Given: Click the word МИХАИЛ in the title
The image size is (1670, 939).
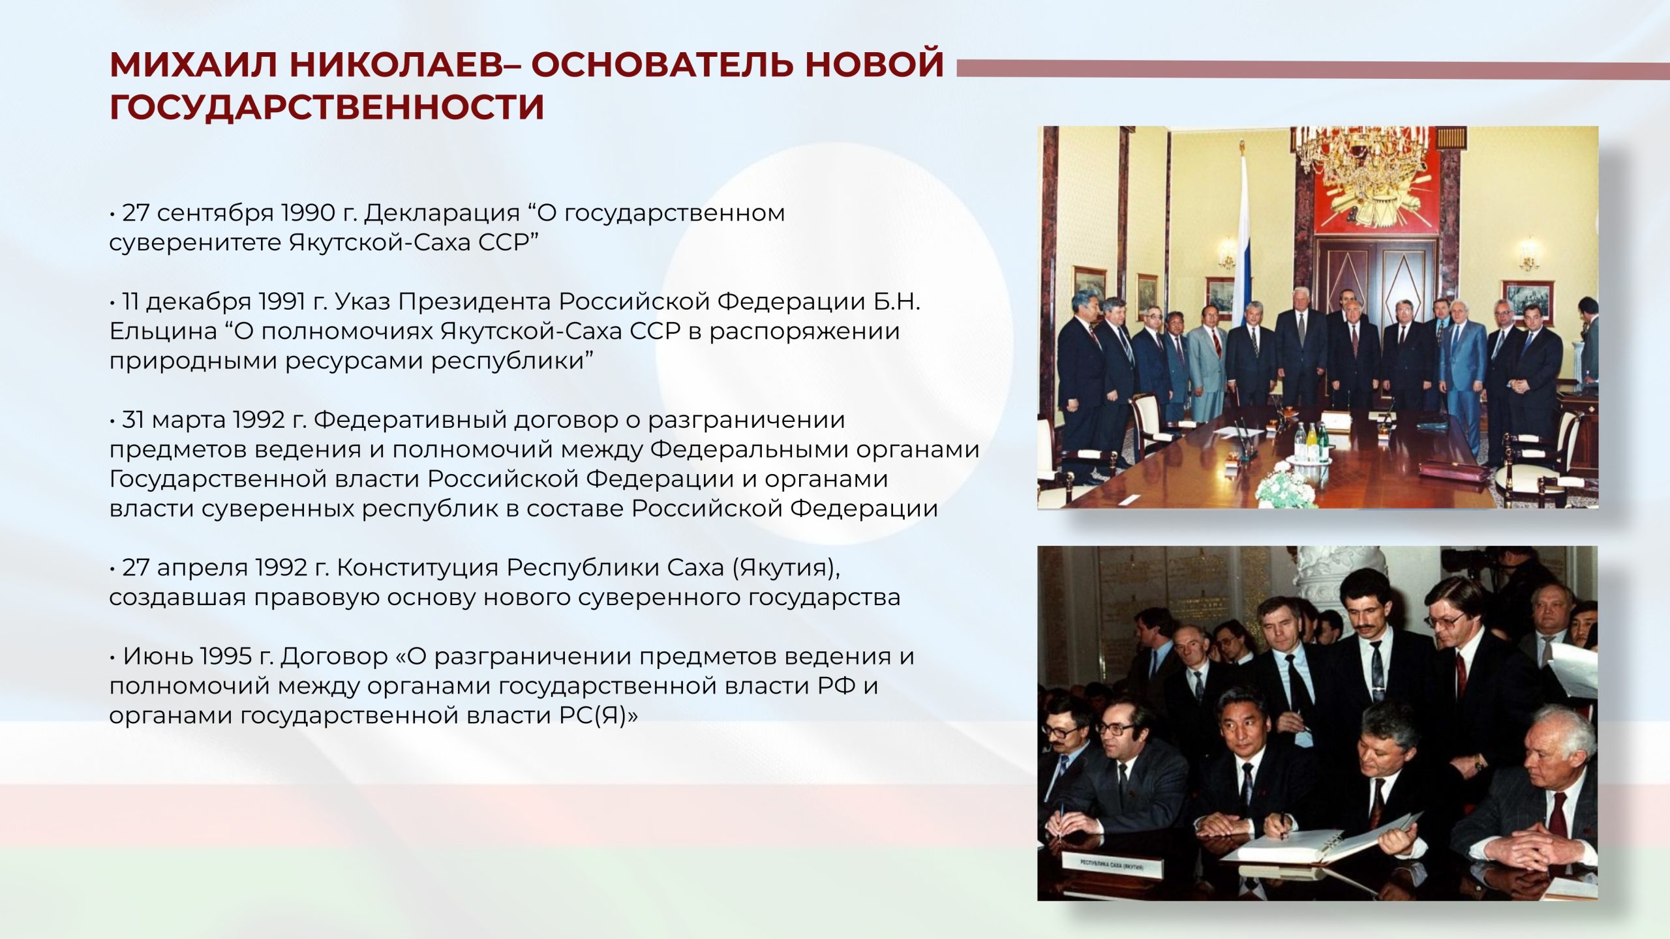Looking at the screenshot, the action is (194, 65).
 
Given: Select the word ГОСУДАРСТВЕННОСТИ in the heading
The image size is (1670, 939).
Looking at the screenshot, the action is (327, 107).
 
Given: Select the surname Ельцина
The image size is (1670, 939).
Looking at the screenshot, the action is (162, 332).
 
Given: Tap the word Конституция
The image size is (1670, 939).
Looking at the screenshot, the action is (420, 569).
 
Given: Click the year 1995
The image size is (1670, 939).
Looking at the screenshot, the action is (226, 656).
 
